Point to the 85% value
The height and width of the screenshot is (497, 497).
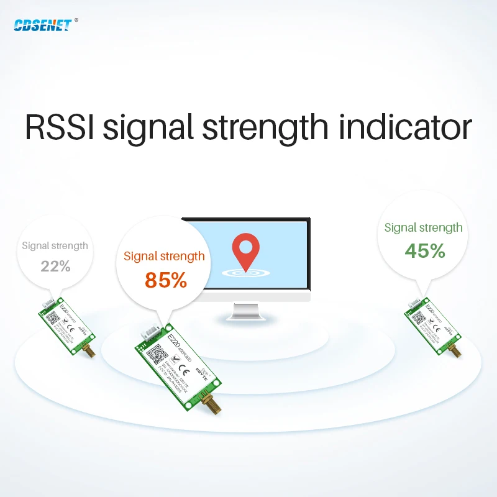click(166, 280)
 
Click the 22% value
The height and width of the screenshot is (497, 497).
click(55, 267)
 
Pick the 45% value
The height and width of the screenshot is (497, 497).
click(424, 250)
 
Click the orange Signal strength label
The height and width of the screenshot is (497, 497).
click(164, 256)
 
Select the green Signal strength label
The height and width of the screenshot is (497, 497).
click(423, 227)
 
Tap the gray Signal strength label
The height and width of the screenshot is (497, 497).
click(55, 245)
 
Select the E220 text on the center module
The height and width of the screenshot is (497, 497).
click(176, 340)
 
